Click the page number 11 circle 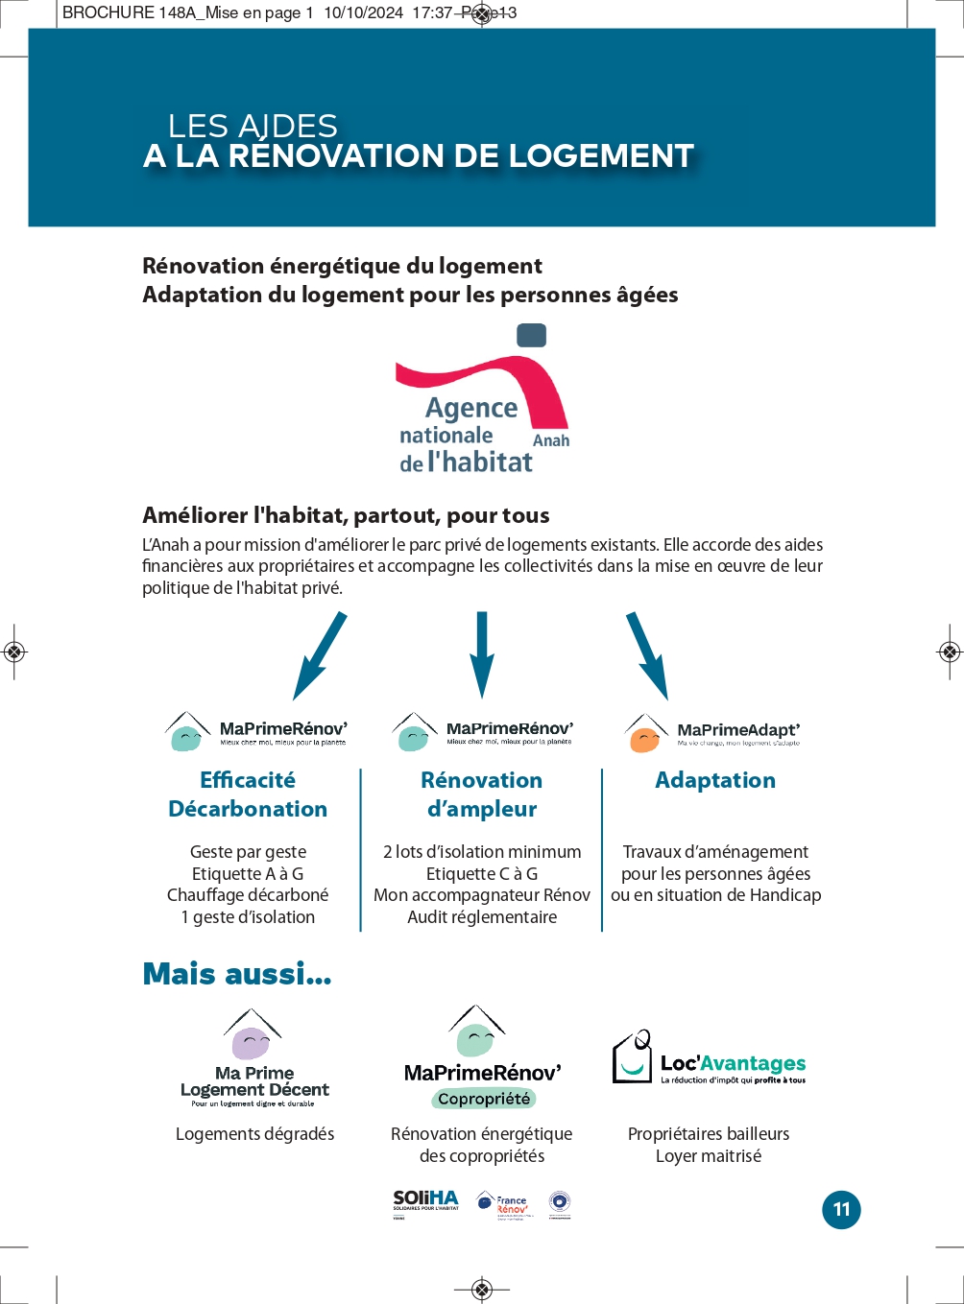coord(841,1209)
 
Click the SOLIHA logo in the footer coord(425,1202)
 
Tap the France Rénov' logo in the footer coord(502,1205)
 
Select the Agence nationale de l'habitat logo coord(482,401)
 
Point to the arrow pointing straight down coord(482,654)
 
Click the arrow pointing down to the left coord(319,656)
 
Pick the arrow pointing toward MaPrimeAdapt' coord(647,656)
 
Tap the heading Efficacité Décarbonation coord(248,794)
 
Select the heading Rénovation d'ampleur coord(482,794)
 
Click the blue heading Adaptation coord(715,780)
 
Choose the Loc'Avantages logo coord(710,1059)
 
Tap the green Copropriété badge coord(483,1099)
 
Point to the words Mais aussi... coord(236,974)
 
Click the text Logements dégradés coord(254,1134)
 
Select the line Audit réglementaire coord(482,917)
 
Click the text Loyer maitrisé coord(709,1156)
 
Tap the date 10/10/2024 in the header coord(363,12)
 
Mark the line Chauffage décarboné coord(248,895)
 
